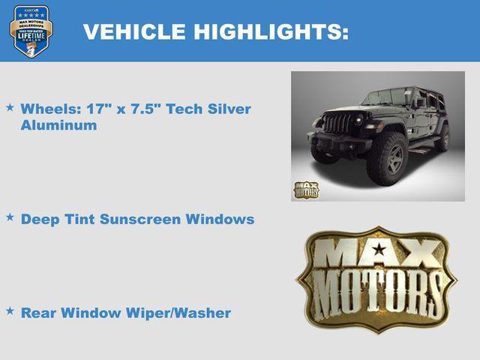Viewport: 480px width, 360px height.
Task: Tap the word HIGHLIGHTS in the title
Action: (x=271, y=32)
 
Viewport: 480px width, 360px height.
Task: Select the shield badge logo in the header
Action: (x=31, y=31)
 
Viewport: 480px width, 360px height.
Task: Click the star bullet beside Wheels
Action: (x=10, y=108)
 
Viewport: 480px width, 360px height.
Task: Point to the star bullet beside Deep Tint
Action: (x=10, y=217)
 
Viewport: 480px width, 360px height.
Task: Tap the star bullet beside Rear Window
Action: (x=10, y=310)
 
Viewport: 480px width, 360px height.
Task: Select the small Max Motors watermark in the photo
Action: (x=305, y=190)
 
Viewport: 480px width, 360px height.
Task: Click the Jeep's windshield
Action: (x=383, y=97)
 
